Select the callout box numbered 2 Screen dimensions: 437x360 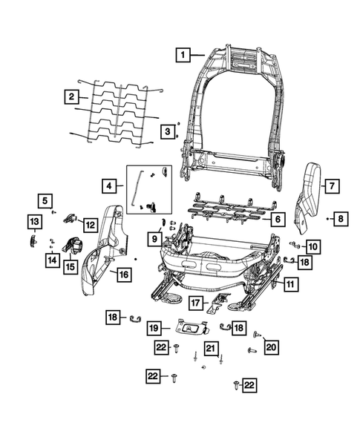(71, 96)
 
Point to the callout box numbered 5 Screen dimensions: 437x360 (45, 200)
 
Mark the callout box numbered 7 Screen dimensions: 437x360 (332, 185)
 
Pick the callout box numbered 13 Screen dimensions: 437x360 (33, 221)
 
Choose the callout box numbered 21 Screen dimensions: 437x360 (210, 349)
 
